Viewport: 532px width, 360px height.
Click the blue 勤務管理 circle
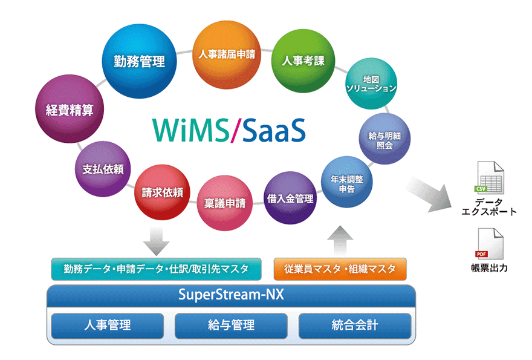click(x=140, y=62)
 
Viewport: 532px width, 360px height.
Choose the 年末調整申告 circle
click(x=346, y=183)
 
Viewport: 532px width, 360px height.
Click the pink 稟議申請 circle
click(x=224, y=203)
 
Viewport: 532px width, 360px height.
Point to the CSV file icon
click(x=488, y=178)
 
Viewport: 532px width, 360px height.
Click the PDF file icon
click(x=489, y=244)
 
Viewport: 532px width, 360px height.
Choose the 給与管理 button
click(x=231, y=326)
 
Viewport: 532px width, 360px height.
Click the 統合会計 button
click(x=355, y=326)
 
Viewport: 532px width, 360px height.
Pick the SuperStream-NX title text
click(x=231, y=296)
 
